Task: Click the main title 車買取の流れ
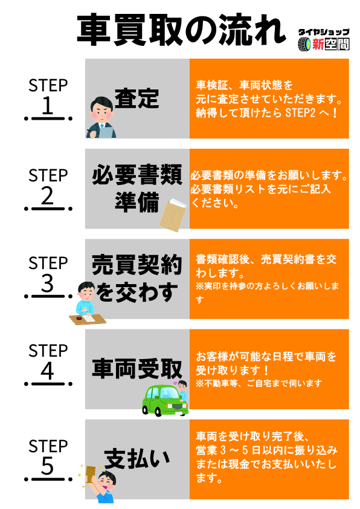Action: [x=181, y=30]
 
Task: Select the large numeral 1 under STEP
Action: [x=48, y=105]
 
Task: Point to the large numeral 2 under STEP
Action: [x=47, y=196]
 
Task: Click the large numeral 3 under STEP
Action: [x=47, y=283]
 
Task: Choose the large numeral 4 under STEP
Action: [x=47, y=371]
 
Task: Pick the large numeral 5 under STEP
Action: [x=47, y=466]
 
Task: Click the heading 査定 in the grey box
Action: [x=137, y=99]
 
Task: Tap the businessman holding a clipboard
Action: [x=101, y=117]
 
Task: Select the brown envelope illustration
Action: [x=173, y=215]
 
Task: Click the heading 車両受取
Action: [x=137, y=369]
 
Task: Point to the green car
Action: [x=165, y=400]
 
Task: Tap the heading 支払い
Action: [x=137, y=459]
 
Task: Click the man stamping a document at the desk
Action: [x=87, y=303]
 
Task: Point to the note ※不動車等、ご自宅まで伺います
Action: [x=259, y=383]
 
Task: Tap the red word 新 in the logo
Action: [x=318, y=44]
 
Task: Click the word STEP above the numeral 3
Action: [x=48, y=262]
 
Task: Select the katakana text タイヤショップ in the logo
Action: [x=324, y=32]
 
